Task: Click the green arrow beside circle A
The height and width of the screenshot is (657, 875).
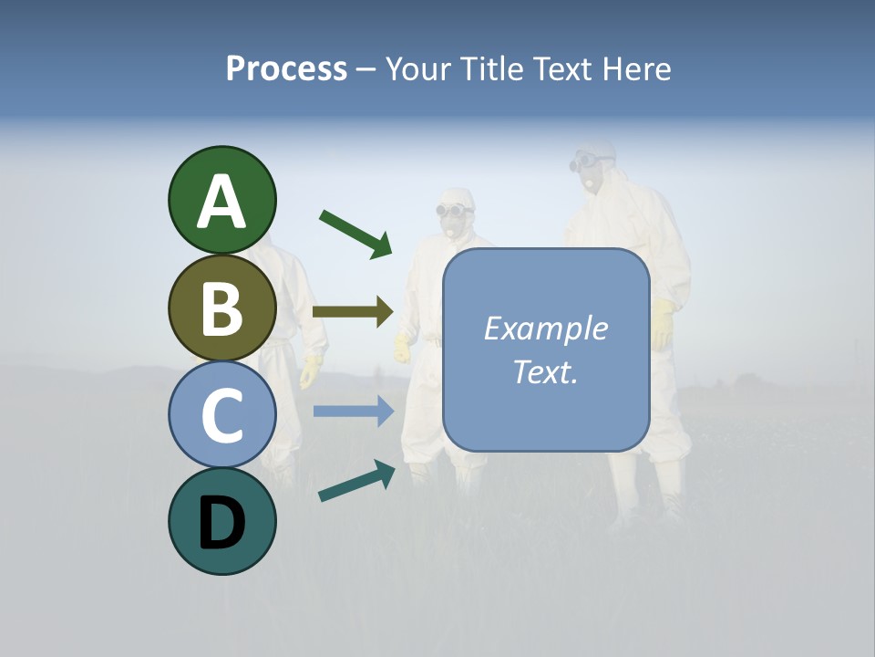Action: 355,234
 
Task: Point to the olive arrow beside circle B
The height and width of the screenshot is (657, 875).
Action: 353,312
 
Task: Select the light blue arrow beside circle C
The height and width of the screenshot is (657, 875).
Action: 353,412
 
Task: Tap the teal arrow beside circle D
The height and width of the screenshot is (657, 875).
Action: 356,481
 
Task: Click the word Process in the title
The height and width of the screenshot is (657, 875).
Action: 286,68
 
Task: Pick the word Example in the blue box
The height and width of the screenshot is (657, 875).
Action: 545,328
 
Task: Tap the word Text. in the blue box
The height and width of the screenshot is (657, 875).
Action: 545,371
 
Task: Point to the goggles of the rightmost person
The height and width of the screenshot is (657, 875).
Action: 592,162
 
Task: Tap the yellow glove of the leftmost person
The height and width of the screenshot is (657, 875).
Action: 311,370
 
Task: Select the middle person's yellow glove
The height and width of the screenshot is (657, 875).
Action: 402,348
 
